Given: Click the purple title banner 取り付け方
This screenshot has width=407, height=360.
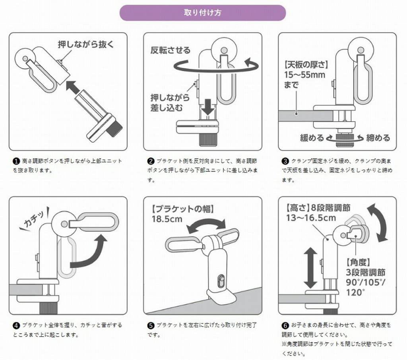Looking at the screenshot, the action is (202, 12).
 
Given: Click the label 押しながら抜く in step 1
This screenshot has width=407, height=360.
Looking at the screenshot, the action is (86, 45).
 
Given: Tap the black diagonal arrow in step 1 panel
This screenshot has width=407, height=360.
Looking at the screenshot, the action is (73, 87).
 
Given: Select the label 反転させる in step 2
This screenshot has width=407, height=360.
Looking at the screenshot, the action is (170, 50).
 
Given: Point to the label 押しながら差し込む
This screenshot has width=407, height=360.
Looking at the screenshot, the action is (170, 103).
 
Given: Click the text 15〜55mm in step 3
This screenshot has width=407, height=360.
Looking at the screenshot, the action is (304, 75).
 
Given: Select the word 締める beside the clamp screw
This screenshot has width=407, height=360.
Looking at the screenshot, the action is (378, 137).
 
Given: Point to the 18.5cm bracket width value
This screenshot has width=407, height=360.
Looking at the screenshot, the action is (167, 219).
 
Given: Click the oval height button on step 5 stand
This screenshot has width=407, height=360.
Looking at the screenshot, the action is (221, 281).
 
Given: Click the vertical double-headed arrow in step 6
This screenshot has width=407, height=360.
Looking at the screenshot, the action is (310, 268).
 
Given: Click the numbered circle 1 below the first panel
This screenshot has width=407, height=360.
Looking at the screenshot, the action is (16, 161).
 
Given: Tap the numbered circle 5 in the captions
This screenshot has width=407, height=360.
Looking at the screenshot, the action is (151, 325).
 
